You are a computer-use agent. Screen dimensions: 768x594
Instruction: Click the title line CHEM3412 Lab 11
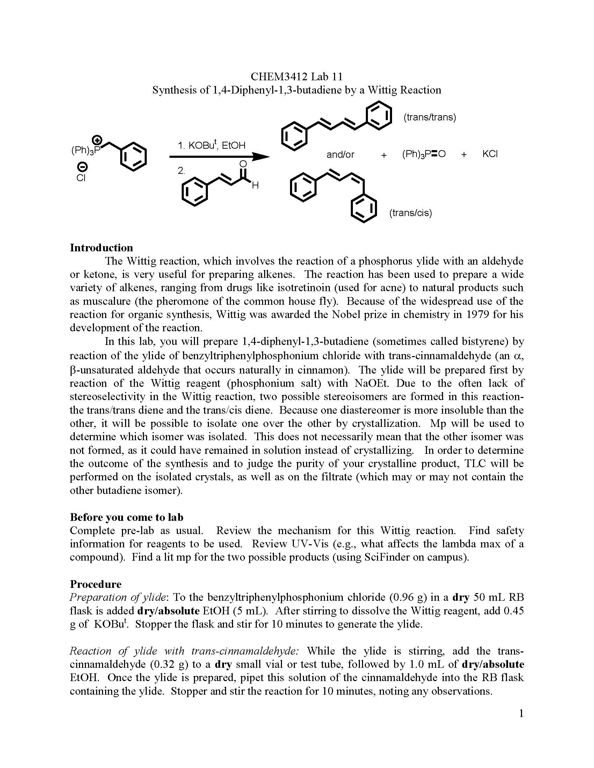296,76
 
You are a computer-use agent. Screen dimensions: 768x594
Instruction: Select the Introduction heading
101,248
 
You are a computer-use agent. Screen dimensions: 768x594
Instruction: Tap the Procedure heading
95,584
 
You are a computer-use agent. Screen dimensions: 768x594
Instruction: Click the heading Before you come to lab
126,517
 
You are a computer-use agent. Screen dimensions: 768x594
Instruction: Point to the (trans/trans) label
429,117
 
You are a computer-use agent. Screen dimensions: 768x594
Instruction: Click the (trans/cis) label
410,213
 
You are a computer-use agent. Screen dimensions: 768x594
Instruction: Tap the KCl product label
490,154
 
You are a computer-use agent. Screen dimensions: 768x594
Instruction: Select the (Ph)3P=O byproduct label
424,154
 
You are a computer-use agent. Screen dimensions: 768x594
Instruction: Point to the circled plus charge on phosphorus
98,140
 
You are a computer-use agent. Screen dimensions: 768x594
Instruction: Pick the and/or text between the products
340,154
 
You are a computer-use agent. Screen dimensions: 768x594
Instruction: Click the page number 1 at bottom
521,714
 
